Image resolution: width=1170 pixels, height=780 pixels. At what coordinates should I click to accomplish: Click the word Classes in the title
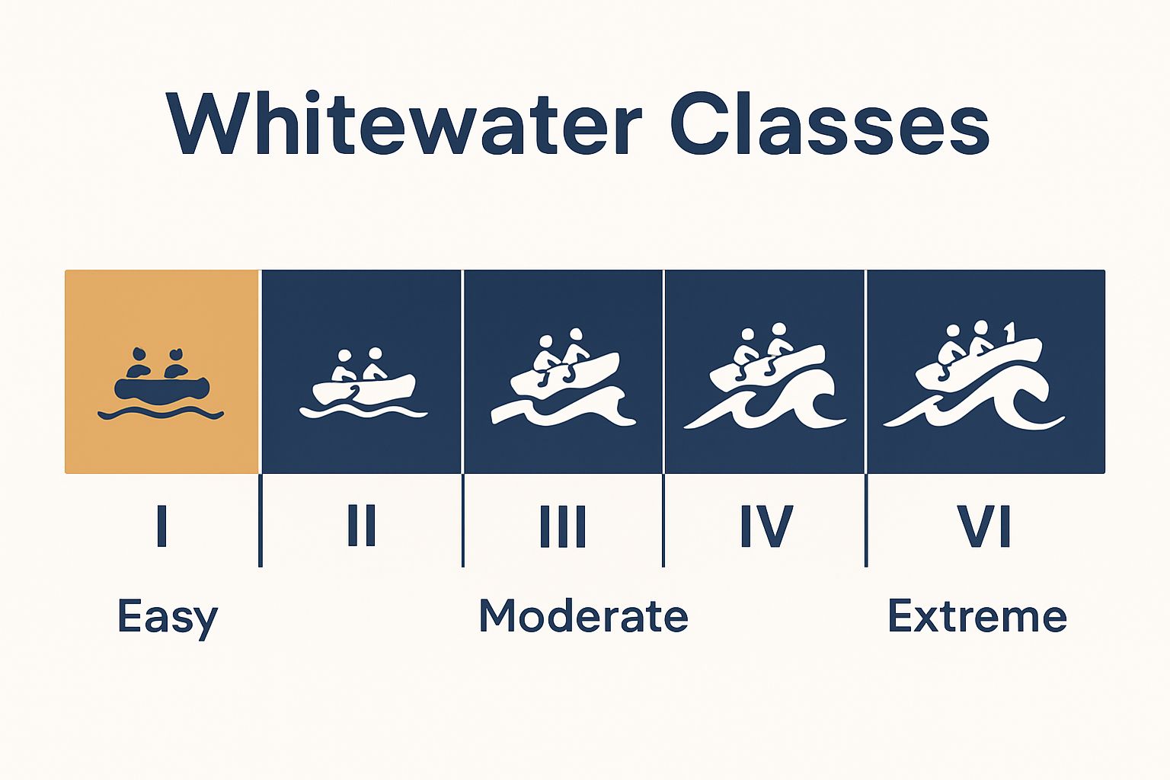click(830, 124)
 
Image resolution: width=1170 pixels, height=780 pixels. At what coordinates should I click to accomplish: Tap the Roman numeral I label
click(161, 526)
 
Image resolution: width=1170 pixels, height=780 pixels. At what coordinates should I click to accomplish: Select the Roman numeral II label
click(362, 526)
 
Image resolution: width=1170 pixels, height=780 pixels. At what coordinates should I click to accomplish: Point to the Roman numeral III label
click(563, 526)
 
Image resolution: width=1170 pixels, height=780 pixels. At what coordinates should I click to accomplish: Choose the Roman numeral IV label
click(766, 526)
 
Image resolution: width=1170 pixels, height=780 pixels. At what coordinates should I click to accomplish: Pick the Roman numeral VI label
click(984, 526)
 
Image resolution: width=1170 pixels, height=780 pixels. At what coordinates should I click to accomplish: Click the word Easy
click(168, 617)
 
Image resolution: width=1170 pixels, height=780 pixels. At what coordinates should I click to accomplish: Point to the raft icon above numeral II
click(364, 388)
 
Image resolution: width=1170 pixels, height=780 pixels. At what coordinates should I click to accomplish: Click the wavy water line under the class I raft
click(161, 414)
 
